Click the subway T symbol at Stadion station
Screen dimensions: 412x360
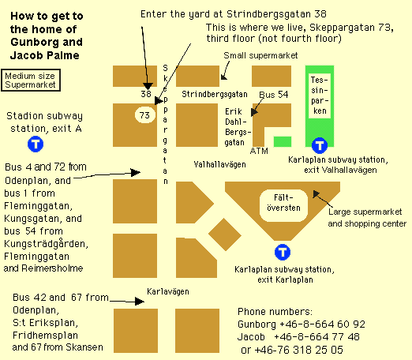[x=36, y=144]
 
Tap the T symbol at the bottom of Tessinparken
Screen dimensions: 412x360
[x=320, y=145]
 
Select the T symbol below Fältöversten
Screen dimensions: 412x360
[x=283, y=252]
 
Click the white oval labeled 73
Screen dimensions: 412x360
[x=145, y=115]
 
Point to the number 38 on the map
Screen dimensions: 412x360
[x=146, y=94]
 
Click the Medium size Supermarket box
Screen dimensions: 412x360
[x=31, y=81]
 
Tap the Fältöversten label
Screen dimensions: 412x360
[x=283, y=203]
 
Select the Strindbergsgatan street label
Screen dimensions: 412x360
[x=215, y=94]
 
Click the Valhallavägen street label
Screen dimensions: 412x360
[x=219, y=164]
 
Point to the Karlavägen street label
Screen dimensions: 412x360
[x=168, y=291]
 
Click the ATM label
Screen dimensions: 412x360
[x=259, y=151]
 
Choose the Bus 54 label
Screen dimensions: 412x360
[x=274, y=95]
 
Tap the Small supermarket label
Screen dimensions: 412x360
[x=260, y=55]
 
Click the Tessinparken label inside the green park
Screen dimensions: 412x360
[x=320, y=96]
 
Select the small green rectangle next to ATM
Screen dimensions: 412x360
[x=283, y=141]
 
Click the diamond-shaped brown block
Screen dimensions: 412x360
[x=225, y=234]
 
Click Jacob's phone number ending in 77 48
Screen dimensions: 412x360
[x=316, y=336]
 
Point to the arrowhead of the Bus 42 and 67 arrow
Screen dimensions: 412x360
[x=140, y=302]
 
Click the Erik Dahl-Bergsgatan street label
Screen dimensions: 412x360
[x=238, y=127]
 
